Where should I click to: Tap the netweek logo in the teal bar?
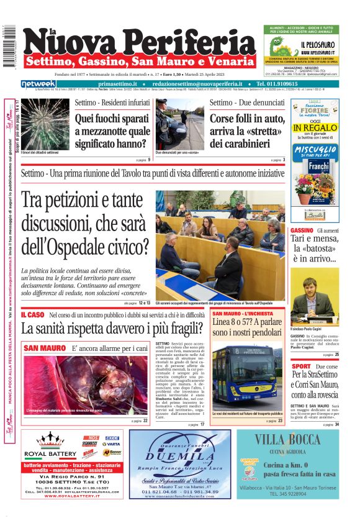38,83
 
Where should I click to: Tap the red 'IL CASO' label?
32,315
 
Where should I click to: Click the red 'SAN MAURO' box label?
41,348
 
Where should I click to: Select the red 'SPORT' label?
301,366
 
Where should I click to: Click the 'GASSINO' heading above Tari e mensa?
302,231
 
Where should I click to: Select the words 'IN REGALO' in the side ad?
314,129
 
